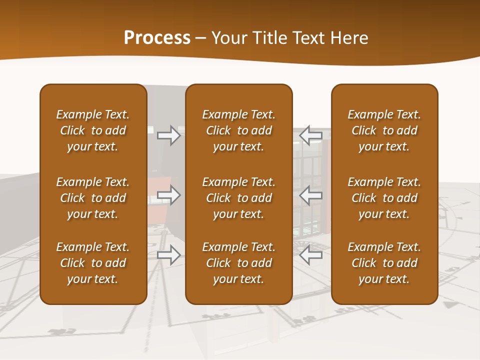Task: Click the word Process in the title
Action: click(157, 38)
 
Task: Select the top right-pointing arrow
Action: click(169, 135)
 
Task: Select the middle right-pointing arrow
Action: click(169, 195)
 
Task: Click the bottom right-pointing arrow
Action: click(169, 255)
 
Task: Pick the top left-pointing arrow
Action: click(311, 135)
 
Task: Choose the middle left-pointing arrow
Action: click(311, 195)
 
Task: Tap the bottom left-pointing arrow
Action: click(311, 255)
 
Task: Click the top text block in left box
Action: click(93, 130)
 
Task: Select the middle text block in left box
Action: click(93, 198)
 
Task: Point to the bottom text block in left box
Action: click(93, 263)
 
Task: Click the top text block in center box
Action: click(239, 130)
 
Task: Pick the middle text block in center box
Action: click(239, 198)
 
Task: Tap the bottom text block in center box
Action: click(239, 263)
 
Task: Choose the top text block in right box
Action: click(384, 130)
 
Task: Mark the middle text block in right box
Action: click(384, 198)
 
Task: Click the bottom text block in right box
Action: click(384, 263)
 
